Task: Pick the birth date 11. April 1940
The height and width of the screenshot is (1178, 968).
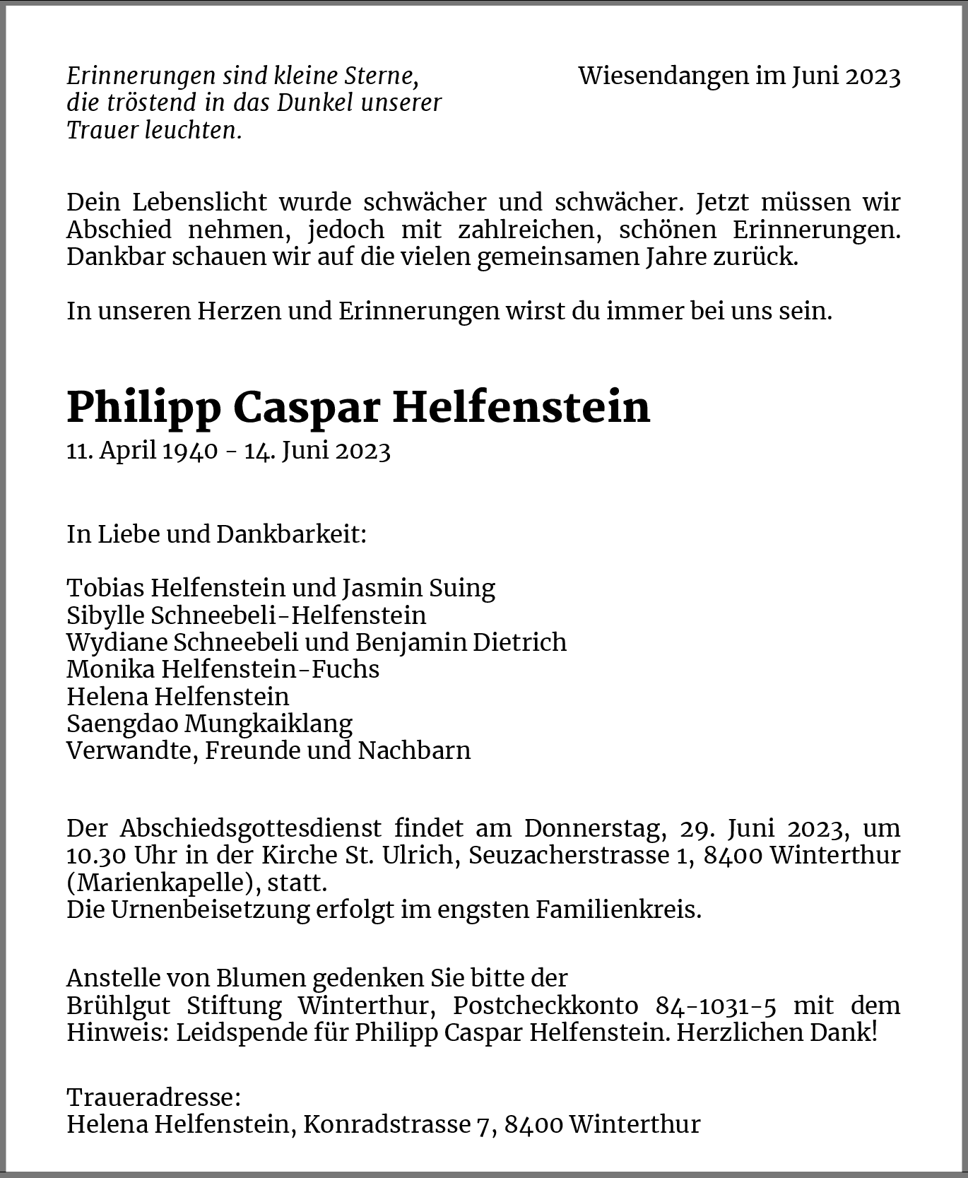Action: pyautogui.click(x=142, y=451)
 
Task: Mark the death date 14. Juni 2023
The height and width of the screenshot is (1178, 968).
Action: pyautogui.click(x=317, y=451)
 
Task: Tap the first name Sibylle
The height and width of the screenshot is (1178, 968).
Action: pyautogui.click(x=105, y=615)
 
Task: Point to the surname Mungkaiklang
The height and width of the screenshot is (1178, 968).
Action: pyautogui.click(x=268, y=724)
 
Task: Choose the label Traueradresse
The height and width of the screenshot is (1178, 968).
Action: pyautogui.click(x=153, y=1097)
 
